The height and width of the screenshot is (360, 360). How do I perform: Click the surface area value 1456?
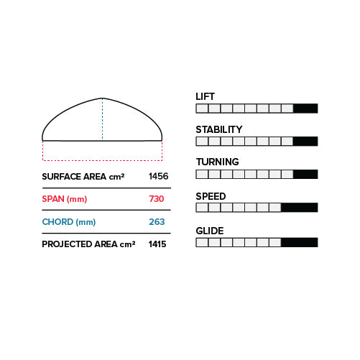[159, 176]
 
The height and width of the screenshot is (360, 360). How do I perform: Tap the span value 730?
[157, 199]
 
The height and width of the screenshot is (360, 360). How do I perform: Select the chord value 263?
[157, 222]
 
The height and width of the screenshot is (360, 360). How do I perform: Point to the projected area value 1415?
[157, 244]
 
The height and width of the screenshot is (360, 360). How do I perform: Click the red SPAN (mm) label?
[65, 199]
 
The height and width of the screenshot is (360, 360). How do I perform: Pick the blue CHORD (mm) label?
[69, 222]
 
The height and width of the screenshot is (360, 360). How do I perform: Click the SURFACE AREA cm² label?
[83, 177]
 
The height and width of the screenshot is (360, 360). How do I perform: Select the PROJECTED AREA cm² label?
[88, 244]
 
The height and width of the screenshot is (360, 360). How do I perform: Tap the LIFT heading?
[205, 96]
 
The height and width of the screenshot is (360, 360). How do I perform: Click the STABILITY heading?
[219, 129]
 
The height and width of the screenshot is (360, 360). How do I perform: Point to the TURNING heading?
[218, 162]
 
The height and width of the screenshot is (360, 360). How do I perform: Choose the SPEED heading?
[211, 196]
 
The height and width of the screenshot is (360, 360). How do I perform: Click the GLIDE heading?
[210, 231]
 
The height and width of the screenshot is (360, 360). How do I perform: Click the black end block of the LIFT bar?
[305, 109]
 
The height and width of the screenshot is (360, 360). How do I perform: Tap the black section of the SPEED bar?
[300, 208]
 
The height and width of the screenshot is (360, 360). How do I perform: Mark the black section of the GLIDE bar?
[300, 242]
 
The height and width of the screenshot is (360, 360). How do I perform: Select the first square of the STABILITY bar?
[202, 142]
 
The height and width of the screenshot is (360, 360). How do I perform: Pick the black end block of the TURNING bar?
[305, 175]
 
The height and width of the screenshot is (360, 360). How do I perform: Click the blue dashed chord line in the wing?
[102, 119]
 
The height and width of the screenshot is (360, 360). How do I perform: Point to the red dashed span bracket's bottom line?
[103, 160]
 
